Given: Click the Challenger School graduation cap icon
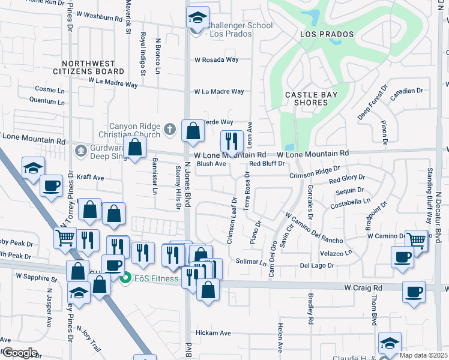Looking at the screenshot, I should pyautogui.click(x=196, y=19).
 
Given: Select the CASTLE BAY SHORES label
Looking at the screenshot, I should pyautogui.click(x=311, y=98).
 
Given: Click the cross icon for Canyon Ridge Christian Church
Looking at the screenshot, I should pyautogui.click(x=170, y=128).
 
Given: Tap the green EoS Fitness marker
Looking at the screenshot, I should pyautogui.click(x=126, y=278).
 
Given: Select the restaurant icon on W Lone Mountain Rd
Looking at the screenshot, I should pyautogui.click(x=232, y=142).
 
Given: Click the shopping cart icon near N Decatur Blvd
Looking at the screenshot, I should pyautogui.click(x=415, y=240).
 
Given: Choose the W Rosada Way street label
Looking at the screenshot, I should pyautogui.click(x=216, y=60).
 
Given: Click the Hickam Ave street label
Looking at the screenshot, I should pyautogui.click(x=213, y=333).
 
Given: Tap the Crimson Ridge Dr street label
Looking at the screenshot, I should pyautogui.click(x=310, y=173).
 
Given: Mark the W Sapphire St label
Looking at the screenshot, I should pyautogui.click(x=36, y=278).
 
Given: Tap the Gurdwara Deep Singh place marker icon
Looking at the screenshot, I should pyautogui.click(x=79, y=149).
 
